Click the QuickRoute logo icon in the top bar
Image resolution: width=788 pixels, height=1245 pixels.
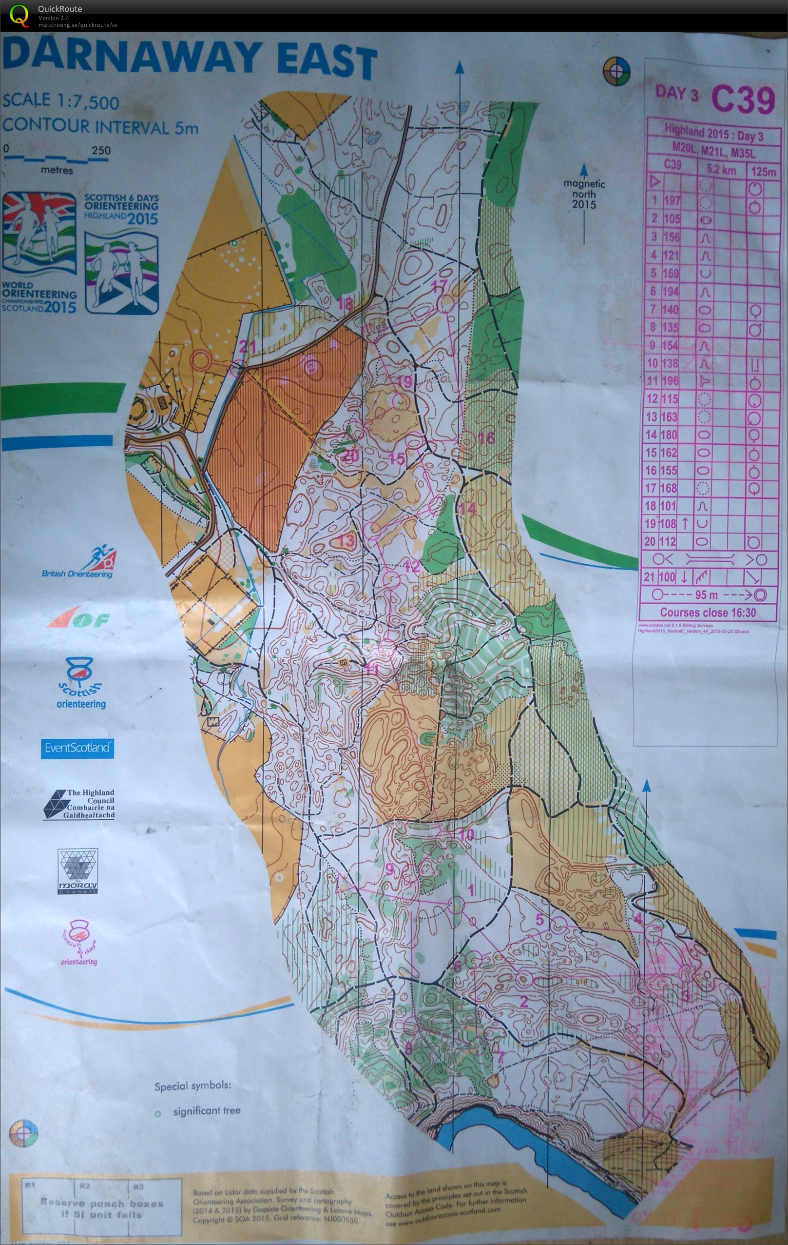click(19, 15)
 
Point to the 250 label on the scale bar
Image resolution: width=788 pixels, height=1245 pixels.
click(101, 151)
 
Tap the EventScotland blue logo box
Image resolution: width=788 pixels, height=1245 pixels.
click(77, 748)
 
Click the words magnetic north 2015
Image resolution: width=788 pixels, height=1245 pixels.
click(584, 194)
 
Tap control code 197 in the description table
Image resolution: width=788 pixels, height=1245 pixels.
click(672, 200)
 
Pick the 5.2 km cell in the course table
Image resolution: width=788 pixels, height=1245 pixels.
click(721, 170)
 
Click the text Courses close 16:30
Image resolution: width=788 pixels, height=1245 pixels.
click(708, 613)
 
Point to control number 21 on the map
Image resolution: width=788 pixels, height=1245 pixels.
click(248, 347)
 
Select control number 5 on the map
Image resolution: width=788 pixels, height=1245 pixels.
click(539, 919)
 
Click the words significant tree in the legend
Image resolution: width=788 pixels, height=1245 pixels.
click(207, 1110)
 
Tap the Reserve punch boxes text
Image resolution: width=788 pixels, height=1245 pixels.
click(102, 1208)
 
